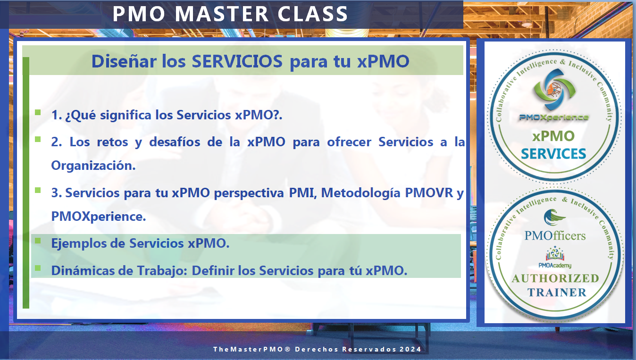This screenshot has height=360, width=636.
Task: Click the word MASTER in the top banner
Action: (221, 14)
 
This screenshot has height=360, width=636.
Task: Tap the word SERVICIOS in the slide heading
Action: (237, 61)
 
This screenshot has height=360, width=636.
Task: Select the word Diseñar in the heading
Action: (124, 61)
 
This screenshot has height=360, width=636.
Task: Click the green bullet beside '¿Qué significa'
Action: (38, 112)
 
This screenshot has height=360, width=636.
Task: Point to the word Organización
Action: (93, 166)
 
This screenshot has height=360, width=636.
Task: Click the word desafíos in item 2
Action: (175, 142)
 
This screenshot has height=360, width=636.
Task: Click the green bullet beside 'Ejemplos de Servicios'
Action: (38, 241)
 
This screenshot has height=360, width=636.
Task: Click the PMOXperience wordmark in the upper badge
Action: (553, 117)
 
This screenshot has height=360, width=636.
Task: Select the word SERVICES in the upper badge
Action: (553, 154)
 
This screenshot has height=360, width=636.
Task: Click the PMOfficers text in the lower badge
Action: (555, 235)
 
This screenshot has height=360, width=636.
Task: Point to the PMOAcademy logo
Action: (555, 257)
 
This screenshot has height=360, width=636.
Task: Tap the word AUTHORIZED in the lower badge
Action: (555, 278)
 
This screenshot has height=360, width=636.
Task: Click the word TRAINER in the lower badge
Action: (557, 293)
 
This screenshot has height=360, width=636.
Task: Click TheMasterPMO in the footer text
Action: (248, 349)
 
